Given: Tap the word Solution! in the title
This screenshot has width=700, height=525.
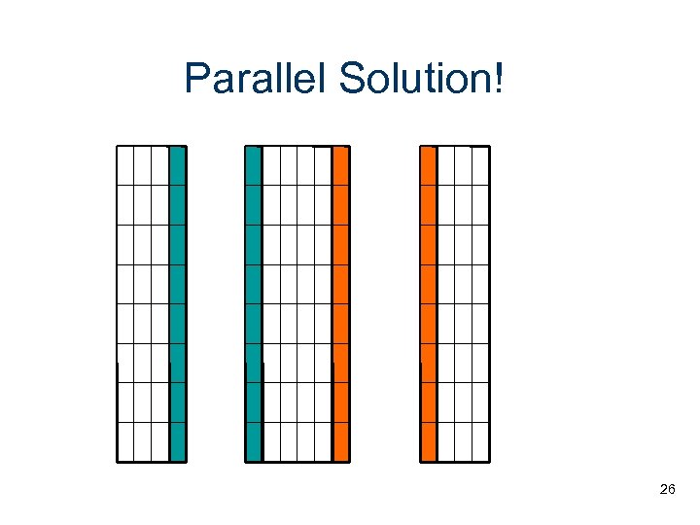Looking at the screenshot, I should (x=421, y=79).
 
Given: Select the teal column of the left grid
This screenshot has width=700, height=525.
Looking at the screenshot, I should (x=177, y=303).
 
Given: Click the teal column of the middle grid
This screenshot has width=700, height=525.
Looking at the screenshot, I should (x=254, y=303).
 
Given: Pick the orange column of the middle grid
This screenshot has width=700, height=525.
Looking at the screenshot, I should (x=340, y=303).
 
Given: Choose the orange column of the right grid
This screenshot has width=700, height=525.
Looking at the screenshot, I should (x=429, y=303).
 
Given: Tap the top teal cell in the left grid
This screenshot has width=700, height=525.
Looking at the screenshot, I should (x=177, y=165).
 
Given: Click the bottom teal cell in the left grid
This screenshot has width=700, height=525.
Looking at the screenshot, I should (x=177, y=441).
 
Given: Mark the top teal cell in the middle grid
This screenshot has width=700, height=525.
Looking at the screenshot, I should (x=254, y=165).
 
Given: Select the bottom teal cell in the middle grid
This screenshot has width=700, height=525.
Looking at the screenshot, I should (x=254, y=441).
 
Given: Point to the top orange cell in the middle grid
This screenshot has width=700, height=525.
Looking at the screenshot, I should (x=340, y=165).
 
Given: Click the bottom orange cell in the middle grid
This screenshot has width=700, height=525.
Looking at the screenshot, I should (x=340, y=441).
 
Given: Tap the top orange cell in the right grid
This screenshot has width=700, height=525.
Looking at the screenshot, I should (x=429, y=165).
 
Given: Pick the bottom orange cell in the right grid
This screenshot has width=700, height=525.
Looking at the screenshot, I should (x=429, y=441).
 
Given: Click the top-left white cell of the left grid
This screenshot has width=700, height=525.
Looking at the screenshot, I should (x=125, y=165).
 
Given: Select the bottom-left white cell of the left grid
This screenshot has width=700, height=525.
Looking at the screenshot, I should (x=125, y=441).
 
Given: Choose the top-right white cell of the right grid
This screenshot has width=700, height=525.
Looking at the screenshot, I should (x=480, y=165).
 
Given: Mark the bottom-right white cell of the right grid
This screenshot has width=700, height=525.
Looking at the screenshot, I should (x=480, y=441).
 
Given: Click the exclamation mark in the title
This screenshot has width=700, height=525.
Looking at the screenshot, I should (x=499, y=79).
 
